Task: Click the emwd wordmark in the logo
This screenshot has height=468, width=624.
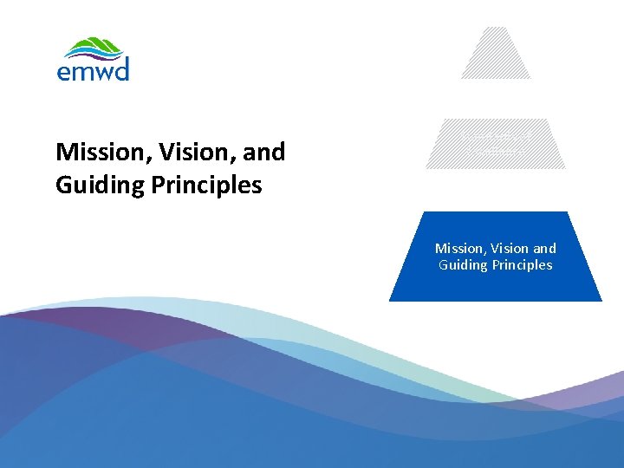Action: (93, 70)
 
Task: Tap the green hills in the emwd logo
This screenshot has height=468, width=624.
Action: (94, 48)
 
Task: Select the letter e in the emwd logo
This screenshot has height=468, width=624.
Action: (64, 72)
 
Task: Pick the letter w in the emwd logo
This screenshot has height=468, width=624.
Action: (102, 72)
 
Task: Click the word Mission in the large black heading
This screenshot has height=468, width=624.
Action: (96, 153)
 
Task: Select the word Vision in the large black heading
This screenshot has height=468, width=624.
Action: (183, 153)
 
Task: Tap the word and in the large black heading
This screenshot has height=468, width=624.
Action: (264, 153)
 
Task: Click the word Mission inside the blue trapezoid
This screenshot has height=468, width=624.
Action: (458, 249)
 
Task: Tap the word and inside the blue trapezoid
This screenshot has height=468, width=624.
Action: (543, 249)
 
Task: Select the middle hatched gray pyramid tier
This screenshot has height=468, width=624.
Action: (496, 144)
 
